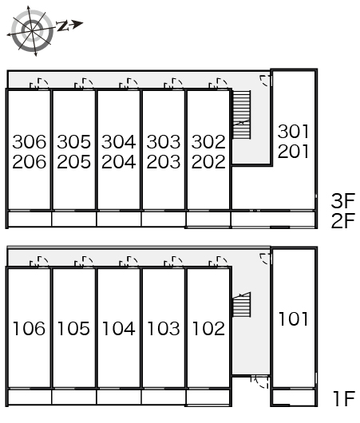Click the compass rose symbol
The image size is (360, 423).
pos(32,31)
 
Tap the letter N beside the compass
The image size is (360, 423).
pos(62,26)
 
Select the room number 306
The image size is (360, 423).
pos(30,142)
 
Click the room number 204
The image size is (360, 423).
pos(118,162)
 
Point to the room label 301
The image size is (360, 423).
pos(293,132)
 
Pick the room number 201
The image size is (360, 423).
pos(293,151)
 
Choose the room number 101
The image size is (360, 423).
pos(293,319)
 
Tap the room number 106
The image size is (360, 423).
pos(30,329)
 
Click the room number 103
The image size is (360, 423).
pos(164,329)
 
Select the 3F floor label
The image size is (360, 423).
pos(343,200)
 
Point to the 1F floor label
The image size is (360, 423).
pos(343,399)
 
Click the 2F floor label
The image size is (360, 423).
pos(343,220)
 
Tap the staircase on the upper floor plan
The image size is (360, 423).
pos(242,115)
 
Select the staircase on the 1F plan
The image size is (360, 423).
pos(242,305)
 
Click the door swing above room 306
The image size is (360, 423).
pos(39,83)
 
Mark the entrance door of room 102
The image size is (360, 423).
pos(218,262)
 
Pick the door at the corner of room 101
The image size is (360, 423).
pos(266,259)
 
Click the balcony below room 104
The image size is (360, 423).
pos(119,397)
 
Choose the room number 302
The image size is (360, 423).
pos(208,142)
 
